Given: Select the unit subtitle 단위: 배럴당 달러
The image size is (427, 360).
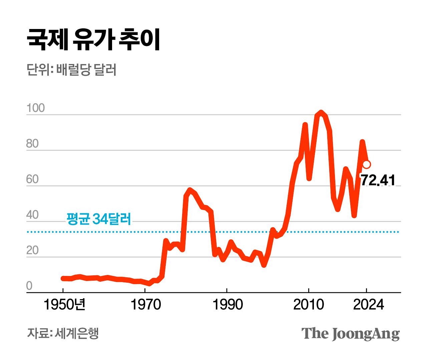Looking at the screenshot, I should tap(71, 70).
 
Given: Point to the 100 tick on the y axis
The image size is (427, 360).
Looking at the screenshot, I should tap(35, 108).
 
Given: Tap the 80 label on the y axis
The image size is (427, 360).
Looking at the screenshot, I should tap(32, 144).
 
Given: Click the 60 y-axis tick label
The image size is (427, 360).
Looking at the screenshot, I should tap(32, 179).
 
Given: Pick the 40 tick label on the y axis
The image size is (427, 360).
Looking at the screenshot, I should tap(32, 215).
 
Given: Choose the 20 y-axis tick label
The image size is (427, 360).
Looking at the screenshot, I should tap(32, 250).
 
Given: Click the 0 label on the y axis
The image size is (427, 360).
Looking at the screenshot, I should tap(29, 286).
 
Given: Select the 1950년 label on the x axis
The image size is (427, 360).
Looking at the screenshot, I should tap(64, 305).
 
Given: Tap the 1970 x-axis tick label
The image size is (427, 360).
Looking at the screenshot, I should tap(145, 305).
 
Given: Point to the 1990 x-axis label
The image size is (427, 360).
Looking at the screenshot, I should tap(228, 305).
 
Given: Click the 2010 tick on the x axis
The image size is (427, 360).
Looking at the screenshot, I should tap(309, 305).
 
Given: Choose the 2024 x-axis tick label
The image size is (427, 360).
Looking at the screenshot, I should tap(368, 305).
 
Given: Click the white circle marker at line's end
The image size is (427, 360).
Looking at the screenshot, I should tap(366, 164).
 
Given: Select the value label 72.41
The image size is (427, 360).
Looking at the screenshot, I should tap(378, 180).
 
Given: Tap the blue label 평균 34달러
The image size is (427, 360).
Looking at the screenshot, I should tap(99, 219).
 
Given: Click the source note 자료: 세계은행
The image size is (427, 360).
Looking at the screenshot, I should tap(63, 333).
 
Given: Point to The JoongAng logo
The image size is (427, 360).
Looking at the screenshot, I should tap(350, 334).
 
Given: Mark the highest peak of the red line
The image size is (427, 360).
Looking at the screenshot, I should tap(321, 113).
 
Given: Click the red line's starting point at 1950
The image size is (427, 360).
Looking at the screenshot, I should tap(63, 278).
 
